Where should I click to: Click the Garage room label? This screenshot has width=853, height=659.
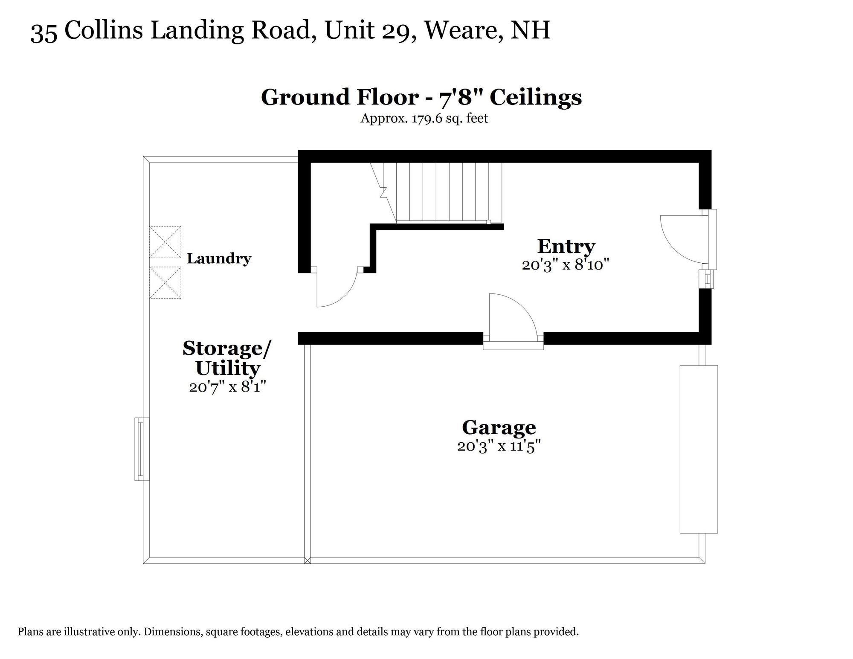[499, 427]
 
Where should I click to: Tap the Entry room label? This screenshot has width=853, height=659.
[566, 246]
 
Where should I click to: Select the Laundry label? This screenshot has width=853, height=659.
[219, 258]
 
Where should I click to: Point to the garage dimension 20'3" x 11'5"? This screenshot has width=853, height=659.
[499, 446]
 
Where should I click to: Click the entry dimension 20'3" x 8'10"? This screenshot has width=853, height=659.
[565, 265]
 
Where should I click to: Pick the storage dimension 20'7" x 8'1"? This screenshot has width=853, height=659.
[227, 387]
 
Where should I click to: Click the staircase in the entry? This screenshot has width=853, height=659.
[444, 192]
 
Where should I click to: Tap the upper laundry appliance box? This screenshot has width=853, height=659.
[165, 242]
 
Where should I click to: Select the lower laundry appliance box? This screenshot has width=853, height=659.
[165, 282]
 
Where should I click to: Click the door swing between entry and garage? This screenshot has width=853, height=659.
[510, 316]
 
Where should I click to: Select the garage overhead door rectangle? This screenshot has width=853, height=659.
[698, 449]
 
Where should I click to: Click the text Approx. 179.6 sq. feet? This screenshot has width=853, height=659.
[424, 118]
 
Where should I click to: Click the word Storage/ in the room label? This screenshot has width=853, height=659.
[226, 348]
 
